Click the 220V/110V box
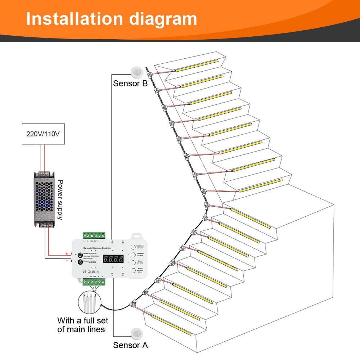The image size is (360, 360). [x=43, y=134]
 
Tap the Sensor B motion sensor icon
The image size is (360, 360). [x=137, y=72]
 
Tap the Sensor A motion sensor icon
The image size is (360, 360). [x=137, y=333]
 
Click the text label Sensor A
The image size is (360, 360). [x=130, y=345]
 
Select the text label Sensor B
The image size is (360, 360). [x=130, y=84]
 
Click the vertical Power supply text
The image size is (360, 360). [x=60, y=200]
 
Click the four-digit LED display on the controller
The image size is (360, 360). [x=114, y=258]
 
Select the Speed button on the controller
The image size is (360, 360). [x=133, y=262]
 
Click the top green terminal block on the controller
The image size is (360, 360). [x=94, y=235]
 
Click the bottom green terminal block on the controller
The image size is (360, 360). [x=94, y=282]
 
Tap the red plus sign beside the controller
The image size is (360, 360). [x=67, y=254]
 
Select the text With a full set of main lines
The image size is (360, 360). [x=82, y=325]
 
